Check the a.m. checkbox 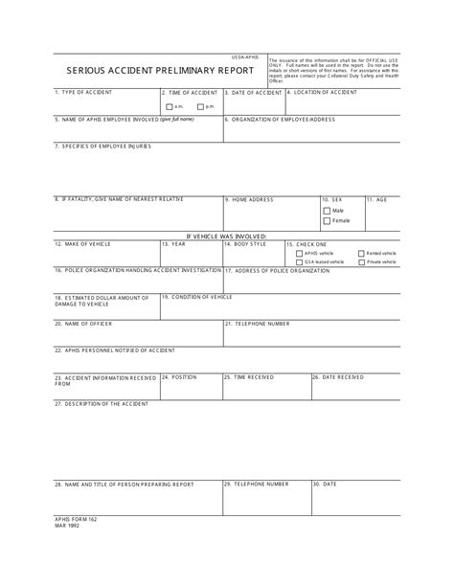170,106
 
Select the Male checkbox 327,210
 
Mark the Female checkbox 327,220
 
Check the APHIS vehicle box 290,254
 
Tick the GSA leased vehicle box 290,261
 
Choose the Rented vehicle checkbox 361,254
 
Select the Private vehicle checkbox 361,261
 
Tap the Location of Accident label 325,92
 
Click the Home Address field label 251,199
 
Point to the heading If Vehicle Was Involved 227,236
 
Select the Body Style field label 247,244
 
